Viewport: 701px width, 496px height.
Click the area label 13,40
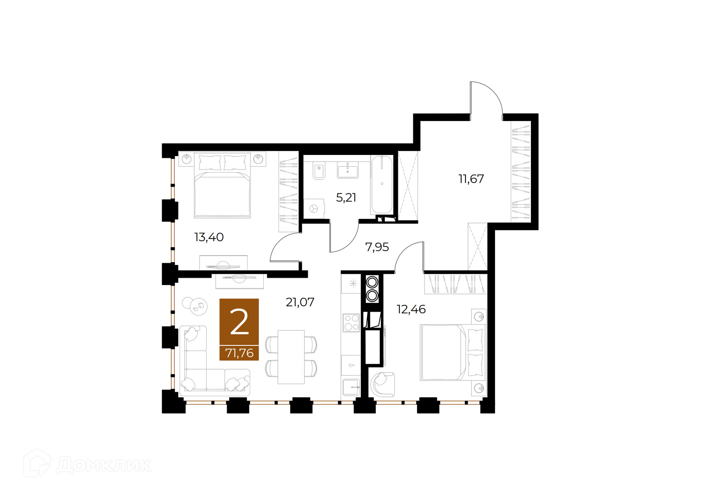209,237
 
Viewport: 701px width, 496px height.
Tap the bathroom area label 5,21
346,198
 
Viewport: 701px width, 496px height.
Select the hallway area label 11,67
471,179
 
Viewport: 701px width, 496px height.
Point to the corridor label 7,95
377,247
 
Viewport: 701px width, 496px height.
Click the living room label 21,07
300,302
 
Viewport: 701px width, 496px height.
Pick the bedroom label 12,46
411,309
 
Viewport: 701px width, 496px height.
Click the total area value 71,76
239,353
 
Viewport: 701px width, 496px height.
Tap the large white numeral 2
239,322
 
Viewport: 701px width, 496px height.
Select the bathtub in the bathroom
382,184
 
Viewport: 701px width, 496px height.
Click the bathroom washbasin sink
348,170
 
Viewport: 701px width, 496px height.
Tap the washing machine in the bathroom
314,209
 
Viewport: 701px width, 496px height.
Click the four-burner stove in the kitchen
351,323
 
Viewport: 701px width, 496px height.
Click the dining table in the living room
291,357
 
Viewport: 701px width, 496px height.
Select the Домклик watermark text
104,465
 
